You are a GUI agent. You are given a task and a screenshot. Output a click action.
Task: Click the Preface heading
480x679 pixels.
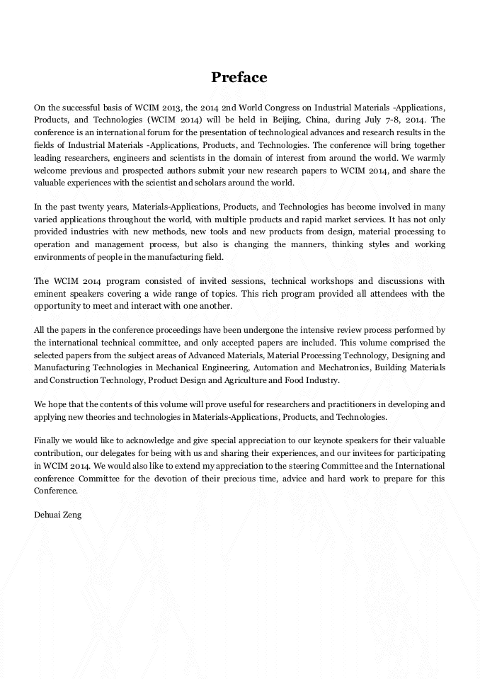click(239, 77)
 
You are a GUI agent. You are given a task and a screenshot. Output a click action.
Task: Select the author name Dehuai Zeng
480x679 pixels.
click(57, 515)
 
